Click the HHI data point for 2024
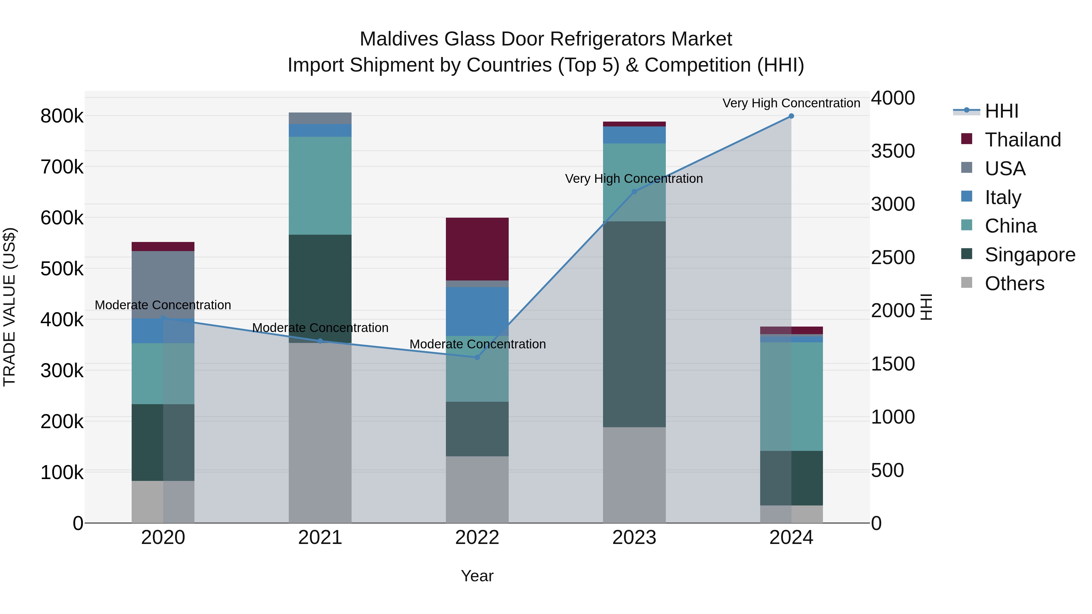click(791, 116)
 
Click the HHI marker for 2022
click(477, 357)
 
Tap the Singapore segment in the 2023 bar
click(634, 324)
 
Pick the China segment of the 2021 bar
click(320, 185)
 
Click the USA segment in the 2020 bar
click(163, 284)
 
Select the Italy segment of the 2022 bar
click(477, 311)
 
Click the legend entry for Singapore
click(1029, 255)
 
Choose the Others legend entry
click(1014, 284)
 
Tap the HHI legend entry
click(1001, 111)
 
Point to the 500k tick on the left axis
click(62, 269)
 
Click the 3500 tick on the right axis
click(893, 151)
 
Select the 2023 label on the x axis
click(634, 538)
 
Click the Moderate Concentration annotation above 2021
click(320, 327)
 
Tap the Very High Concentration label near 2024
click(791, 103)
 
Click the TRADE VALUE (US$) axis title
click(9, 307)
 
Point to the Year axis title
click(477, 576)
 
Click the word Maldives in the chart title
click(399, 39)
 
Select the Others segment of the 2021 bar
click(320, 432)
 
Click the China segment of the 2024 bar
click(791, 396)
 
